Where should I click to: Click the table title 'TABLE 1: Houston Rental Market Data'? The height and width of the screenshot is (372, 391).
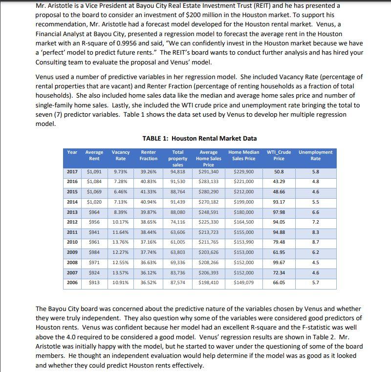click(199, 138)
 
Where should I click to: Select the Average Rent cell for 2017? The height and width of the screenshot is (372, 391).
click(94, 172)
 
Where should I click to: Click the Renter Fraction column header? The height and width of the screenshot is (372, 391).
click(149, 155)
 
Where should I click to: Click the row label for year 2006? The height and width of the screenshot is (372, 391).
click(72, 282)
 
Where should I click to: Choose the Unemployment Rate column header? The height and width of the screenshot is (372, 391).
click(316, 155)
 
